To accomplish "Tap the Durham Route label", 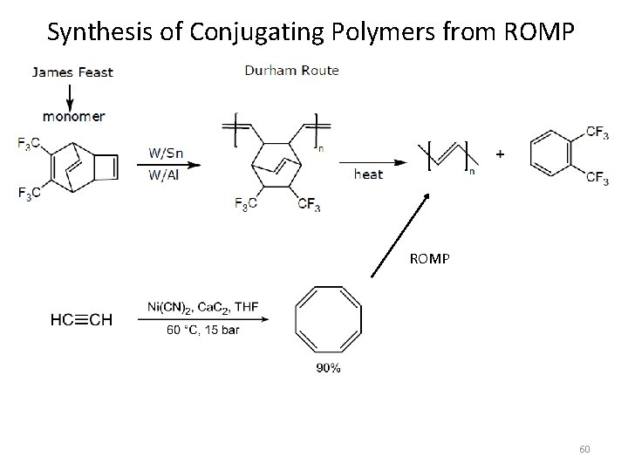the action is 292,71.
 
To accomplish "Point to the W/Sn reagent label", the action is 166,154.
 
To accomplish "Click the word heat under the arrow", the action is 368,174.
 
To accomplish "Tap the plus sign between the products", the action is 500,154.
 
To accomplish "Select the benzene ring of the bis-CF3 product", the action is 551,154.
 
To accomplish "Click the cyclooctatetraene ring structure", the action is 329,320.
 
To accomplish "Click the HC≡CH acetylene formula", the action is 81,320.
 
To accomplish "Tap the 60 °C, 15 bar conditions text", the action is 201,331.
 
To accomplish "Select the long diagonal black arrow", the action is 401,235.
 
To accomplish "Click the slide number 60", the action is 584,449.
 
